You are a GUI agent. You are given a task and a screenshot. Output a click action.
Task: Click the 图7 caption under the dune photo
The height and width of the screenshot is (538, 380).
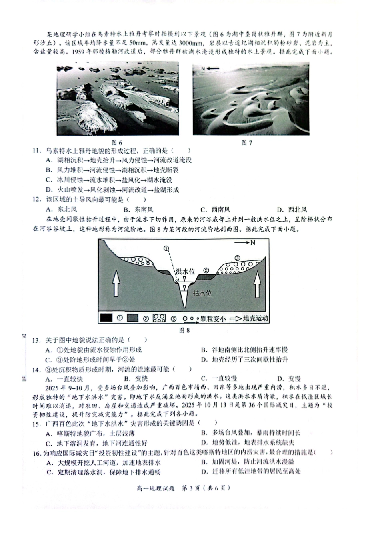(246, 143)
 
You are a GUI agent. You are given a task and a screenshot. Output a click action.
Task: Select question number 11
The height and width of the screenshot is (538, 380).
(37, 151)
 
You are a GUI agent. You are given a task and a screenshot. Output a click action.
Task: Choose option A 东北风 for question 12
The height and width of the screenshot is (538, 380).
(62, 209)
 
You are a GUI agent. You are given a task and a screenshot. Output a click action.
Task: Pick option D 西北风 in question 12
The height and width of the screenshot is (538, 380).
(292, 209)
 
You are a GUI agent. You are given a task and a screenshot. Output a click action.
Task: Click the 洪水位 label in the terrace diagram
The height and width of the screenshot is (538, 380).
(185, 272)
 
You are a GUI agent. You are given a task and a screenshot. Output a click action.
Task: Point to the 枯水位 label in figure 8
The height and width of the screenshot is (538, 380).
(202, 293)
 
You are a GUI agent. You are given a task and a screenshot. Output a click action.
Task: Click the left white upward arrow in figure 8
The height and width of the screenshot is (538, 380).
(116, 282)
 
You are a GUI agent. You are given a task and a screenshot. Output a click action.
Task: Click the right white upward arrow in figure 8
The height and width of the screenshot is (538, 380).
(256, 282)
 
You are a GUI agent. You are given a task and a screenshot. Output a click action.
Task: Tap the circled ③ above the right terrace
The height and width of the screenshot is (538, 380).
(237, 258)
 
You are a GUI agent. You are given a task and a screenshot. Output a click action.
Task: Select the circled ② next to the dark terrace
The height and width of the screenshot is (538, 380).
(206, 270)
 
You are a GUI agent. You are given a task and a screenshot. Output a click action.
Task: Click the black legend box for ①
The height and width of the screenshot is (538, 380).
(106, 318)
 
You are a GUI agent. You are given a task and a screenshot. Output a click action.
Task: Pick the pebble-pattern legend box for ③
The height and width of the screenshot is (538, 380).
(160, 318)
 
